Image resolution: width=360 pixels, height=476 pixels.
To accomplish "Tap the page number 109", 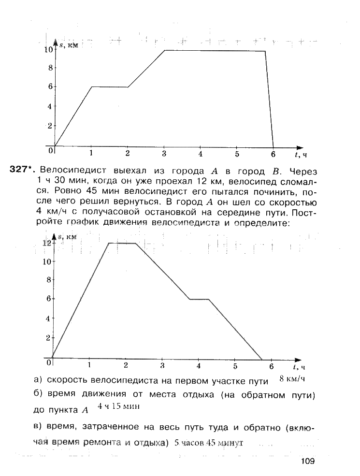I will (307, 461).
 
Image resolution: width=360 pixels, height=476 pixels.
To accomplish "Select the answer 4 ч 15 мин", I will (118, 406).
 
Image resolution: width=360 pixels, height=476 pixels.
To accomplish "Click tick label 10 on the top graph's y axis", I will (48, 49).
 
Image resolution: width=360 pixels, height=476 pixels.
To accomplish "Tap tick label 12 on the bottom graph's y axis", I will (46, 244).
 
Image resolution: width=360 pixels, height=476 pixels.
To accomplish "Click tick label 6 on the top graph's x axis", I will (273, 154).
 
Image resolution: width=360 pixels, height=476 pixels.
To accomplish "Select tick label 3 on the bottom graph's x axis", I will (162, 365).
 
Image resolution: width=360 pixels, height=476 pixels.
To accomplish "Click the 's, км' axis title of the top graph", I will (68, 45).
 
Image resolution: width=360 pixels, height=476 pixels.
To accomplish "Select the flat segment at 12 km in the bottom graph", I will (121, 243).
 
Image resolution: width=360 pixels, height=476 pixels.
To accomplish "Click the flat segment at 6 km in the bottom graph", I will (199, 299).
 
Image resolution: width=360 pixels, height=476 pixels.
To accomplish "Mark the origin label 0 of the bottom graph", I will (49, 362).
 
